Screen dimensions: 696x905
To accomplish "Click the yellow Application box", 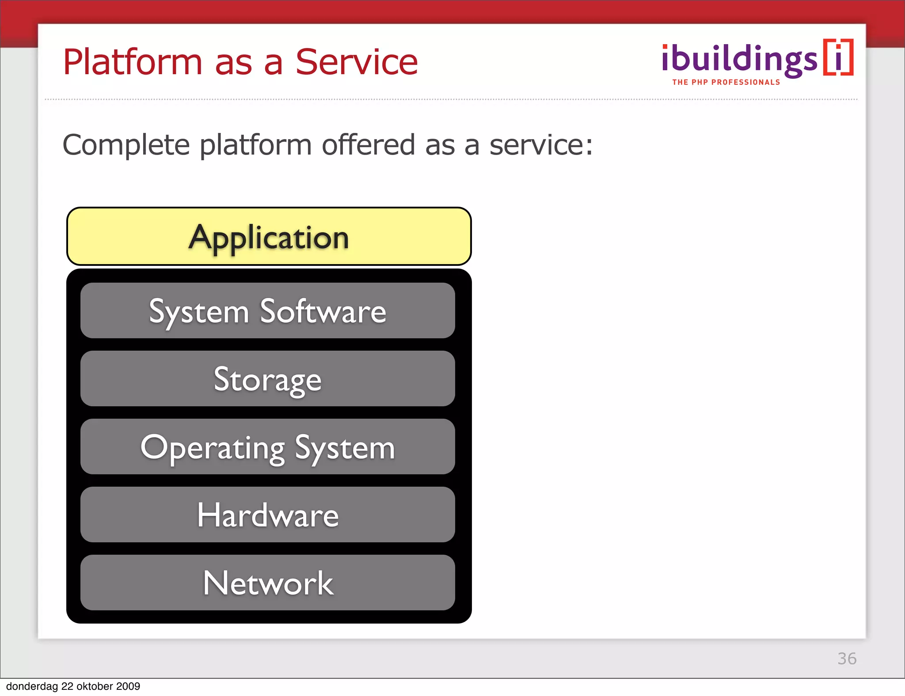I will [x=269, y=237].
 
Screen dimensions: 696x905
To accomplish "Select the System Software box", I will [x=267, y=311].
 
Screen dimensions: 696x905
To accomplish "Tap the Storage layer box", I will [x=267, y=379].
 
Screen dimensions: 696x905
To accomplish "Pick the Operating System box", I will [x=267, y=447].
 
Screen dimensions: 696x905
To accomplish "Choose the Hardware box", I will [x=267, y=515].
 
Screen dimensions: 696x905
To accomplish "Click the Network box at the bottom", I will [x=267, y=583].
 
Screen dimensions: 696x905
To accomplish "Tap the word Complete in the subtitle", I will [x=126, y=145].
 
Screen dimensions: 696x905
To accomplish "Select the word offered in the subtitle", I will [x=368, y=145].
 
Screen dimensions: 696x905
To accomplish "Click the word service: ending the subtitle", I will [x=541, y=145].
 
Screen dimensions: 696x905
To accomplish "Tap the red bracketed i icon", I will [x=838, y=57].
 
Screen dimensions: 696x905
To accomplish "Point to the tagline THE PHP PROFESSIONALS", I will [x=726, y=82].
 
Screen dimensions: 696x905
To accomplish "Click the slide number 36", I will [x=847, y=658].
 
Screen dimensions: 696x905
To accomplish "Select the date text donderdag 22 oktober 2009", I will [x=73, y=686].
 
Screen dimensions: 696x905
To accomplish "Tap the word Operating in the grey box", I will [x=213, y=448].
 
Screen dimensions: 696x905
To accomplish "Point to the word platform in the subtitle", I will [x=255, y=146].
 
